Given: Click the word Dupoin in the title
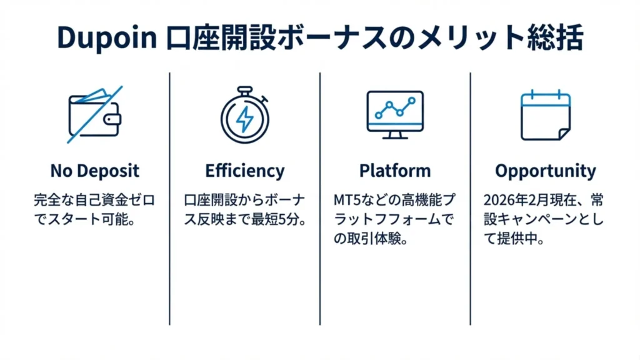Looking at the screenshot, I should (106, 38).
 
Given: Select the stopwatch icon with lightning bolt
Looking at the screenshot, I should (244, 115).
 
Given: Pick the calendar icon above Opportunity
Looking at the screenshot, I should (545, 115).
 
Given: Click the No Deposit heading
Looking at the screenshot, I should (94, 171).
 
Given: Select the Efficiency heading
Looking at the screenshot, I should (244, 171).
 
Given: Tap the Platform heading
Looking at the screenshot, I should (394, 171).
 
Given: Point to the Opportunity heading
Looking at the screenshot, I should (545, 171).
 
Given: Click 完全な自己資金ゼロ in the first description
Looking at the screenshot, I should (94, 201).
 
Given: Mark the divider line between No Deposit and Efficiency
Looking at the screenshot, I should (169, 199).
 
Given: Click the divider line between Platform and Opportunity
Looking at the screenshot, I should (470, 199).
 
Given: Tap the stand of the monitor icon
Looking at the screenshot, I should (394, 134).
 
